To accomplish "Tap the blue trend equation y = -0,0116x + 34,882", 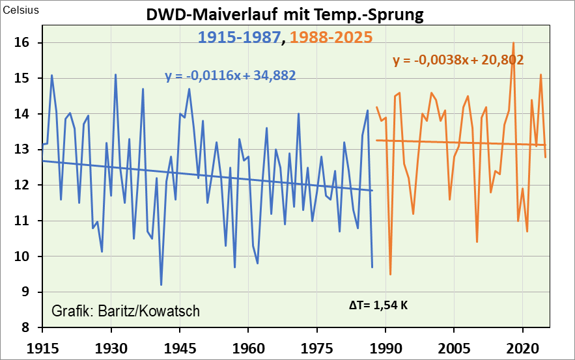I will [x=231, y=76].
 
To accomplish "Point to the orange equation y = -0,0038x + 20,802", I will [x=458, y=61].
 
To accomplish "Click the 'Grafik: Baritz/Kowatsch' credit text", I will [x=126, y=311].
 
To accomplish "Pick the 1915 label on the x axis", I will [x=43, y=344].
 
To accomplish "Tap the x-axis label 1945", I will [x=180, y=344].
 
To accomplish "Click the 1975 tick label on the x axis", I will [x=317, y=344].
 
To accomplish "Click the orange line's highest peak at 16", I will [x=514, y=43].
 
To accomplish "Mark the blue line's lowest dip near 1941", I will [x=161, y=284].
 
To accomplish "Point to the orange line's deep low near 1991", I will [x=390, y=274].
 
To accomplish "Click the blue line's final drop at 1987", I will [x=372, y=267].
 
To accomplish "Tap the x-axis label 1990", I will [x=386, y=344].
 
